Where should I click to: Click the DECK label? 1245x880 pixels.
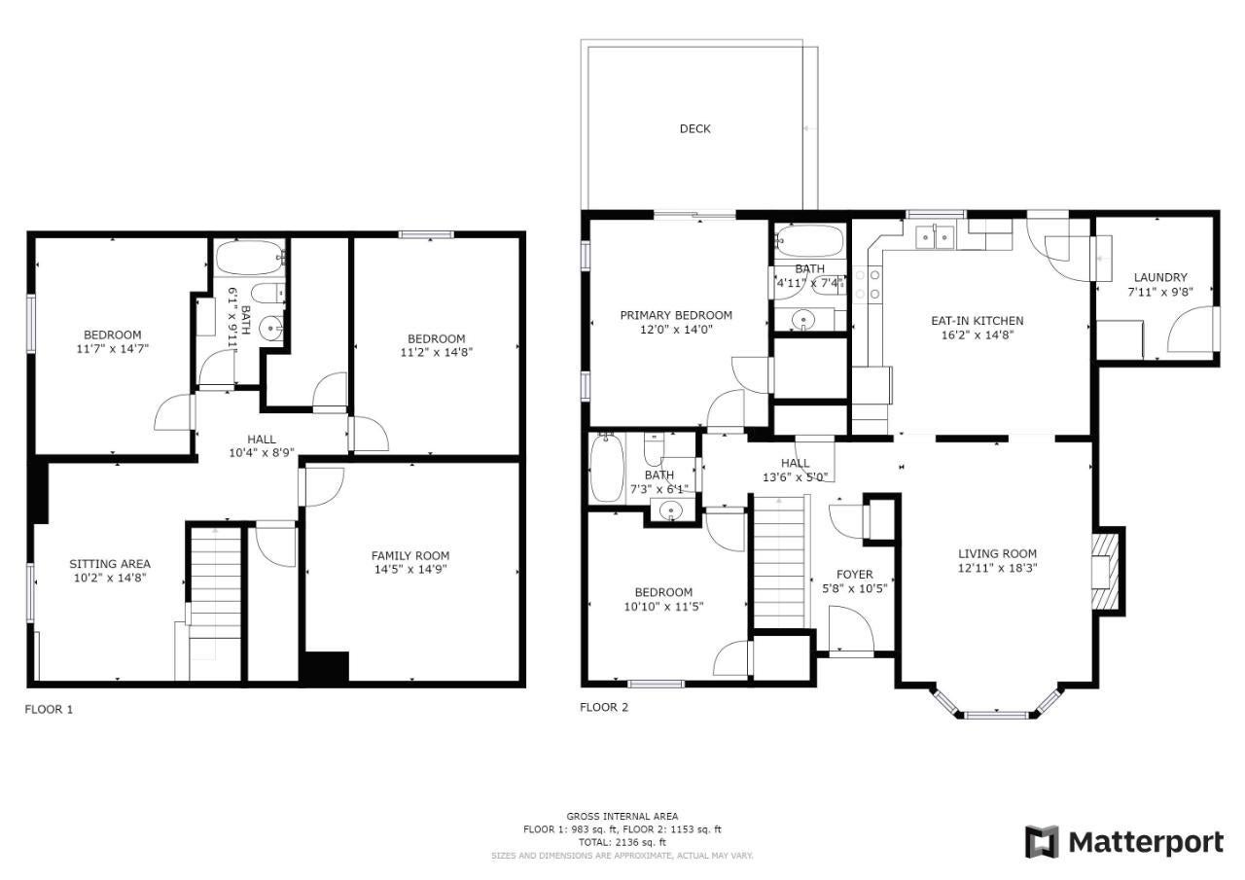point(694,129)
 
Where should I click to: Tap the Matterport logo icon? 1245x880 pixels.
point(1042,843)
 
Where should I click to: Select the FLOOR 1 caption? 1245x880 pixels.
point(49,710)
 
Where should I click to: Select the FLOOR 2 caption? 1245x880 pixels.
point(604,707)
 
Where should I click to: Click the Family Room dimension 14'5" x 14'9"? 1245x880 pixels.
point(410,570)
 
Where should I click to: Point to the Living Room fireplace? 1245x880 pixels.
point(1108,572)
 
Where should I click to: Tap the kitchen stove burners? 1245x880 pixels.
point(867,285)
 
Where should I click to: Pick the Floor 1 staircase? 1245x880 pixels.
point(216,603)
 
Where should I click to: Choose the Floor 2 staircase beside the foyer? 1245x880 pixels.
point(779,562)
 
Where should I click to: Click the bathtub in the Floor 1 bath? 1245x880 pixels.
point(249,258)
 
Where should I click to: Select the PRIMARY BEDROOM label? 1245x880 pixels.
point(676,316)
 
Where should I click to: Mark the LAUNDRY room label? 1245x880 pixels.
point(1160,277)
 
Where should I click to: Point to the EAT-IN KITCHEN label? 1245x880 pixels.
point(978,321)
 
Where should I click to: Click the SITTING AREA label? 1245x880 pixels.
point(110,564)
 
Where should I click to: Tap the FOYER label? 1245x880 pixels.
point(855,575)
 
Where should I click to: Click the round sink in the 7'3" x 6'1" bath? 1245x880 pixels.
point(671,510)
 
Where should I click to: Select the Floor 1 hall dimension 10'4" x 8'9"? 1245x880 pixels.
point(262,453)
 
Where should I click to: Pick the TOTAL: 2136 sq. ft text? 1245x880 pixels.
point(622,842)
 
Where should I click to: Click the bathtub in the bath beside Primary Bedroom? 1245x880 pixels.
point(810,240)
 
